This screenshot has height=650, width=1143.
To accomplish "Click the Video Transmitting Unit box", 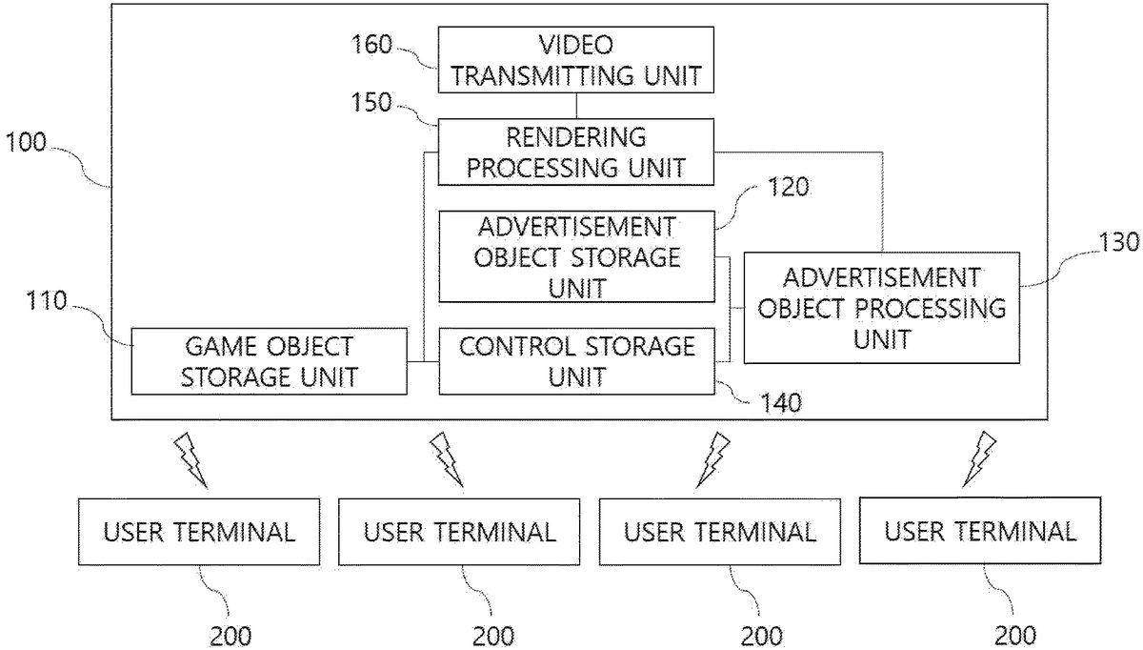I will pyautogui.click(x=575, y=59).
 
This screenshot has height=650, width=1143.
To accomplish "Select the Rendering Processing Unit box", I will pyautogui.click(x=575, y=152).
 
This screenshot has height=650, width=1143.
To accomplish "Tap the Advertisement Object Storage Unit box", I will pyautogui.click(x=575, y=257).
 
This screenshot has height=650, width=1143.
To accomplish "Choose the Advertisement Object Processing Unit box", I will pyautogui.click(x=881, y=307).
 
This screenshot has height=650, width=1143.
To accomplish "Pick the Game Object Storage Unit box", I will pyautogui.click(x=269, y=361).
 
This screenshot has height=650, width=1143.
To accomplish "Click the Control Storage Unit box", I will pyautogui.click(x=575, y=361).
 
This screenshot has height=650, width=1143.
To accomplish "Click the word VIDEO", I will pyautogui.click(x=576, y=45).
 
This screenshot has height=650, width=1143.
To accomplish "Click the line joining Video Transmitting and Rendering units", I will pyautogui.click(x=575, y=106).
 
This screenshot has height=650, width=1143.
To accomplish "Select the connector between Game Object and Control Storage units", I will pyautogui.click(x=422, y=361).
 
